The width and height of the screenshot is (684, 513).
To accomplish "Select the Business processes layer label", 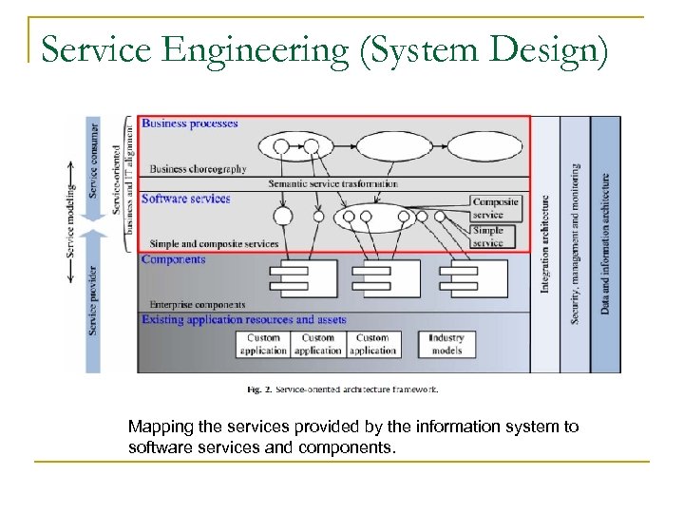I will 190,123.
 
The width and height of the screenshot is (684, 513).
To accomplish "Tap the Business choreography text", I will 198,169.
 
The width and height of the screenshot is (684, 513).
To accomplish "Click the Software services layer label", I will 186,199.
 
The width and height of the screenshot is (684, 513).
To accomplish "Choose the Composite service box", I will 495,208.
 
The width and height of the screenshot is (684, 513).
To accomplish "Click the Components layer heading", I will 173,259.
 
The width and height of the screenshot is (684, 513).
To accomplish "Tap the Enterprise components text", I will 194,305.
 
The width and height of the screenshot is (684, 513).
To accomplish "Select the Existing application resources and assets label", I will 244,320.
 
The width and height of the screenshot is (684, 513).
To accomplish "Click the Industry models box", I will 446,344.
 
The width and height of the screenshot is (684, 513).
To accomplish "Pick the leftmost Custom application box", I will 263,344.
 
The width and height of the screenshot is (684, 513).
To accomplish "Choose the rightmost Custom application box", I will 372,344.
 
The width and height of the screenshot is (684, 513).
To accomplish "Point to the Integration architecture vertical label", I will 545,244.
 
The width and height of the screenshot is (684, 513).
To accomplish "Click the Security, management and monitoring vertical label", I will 575,244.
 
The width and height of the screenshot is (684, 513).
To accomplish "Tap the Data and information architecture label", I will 605,244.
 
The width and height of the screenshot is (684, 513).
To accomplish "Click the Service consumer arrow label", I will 93,160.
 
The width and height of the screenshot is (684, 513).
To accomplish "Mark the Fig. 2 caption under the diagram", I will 342,389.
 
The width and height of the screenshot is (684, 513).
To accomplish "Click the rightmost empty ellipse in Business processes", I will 484,146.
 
